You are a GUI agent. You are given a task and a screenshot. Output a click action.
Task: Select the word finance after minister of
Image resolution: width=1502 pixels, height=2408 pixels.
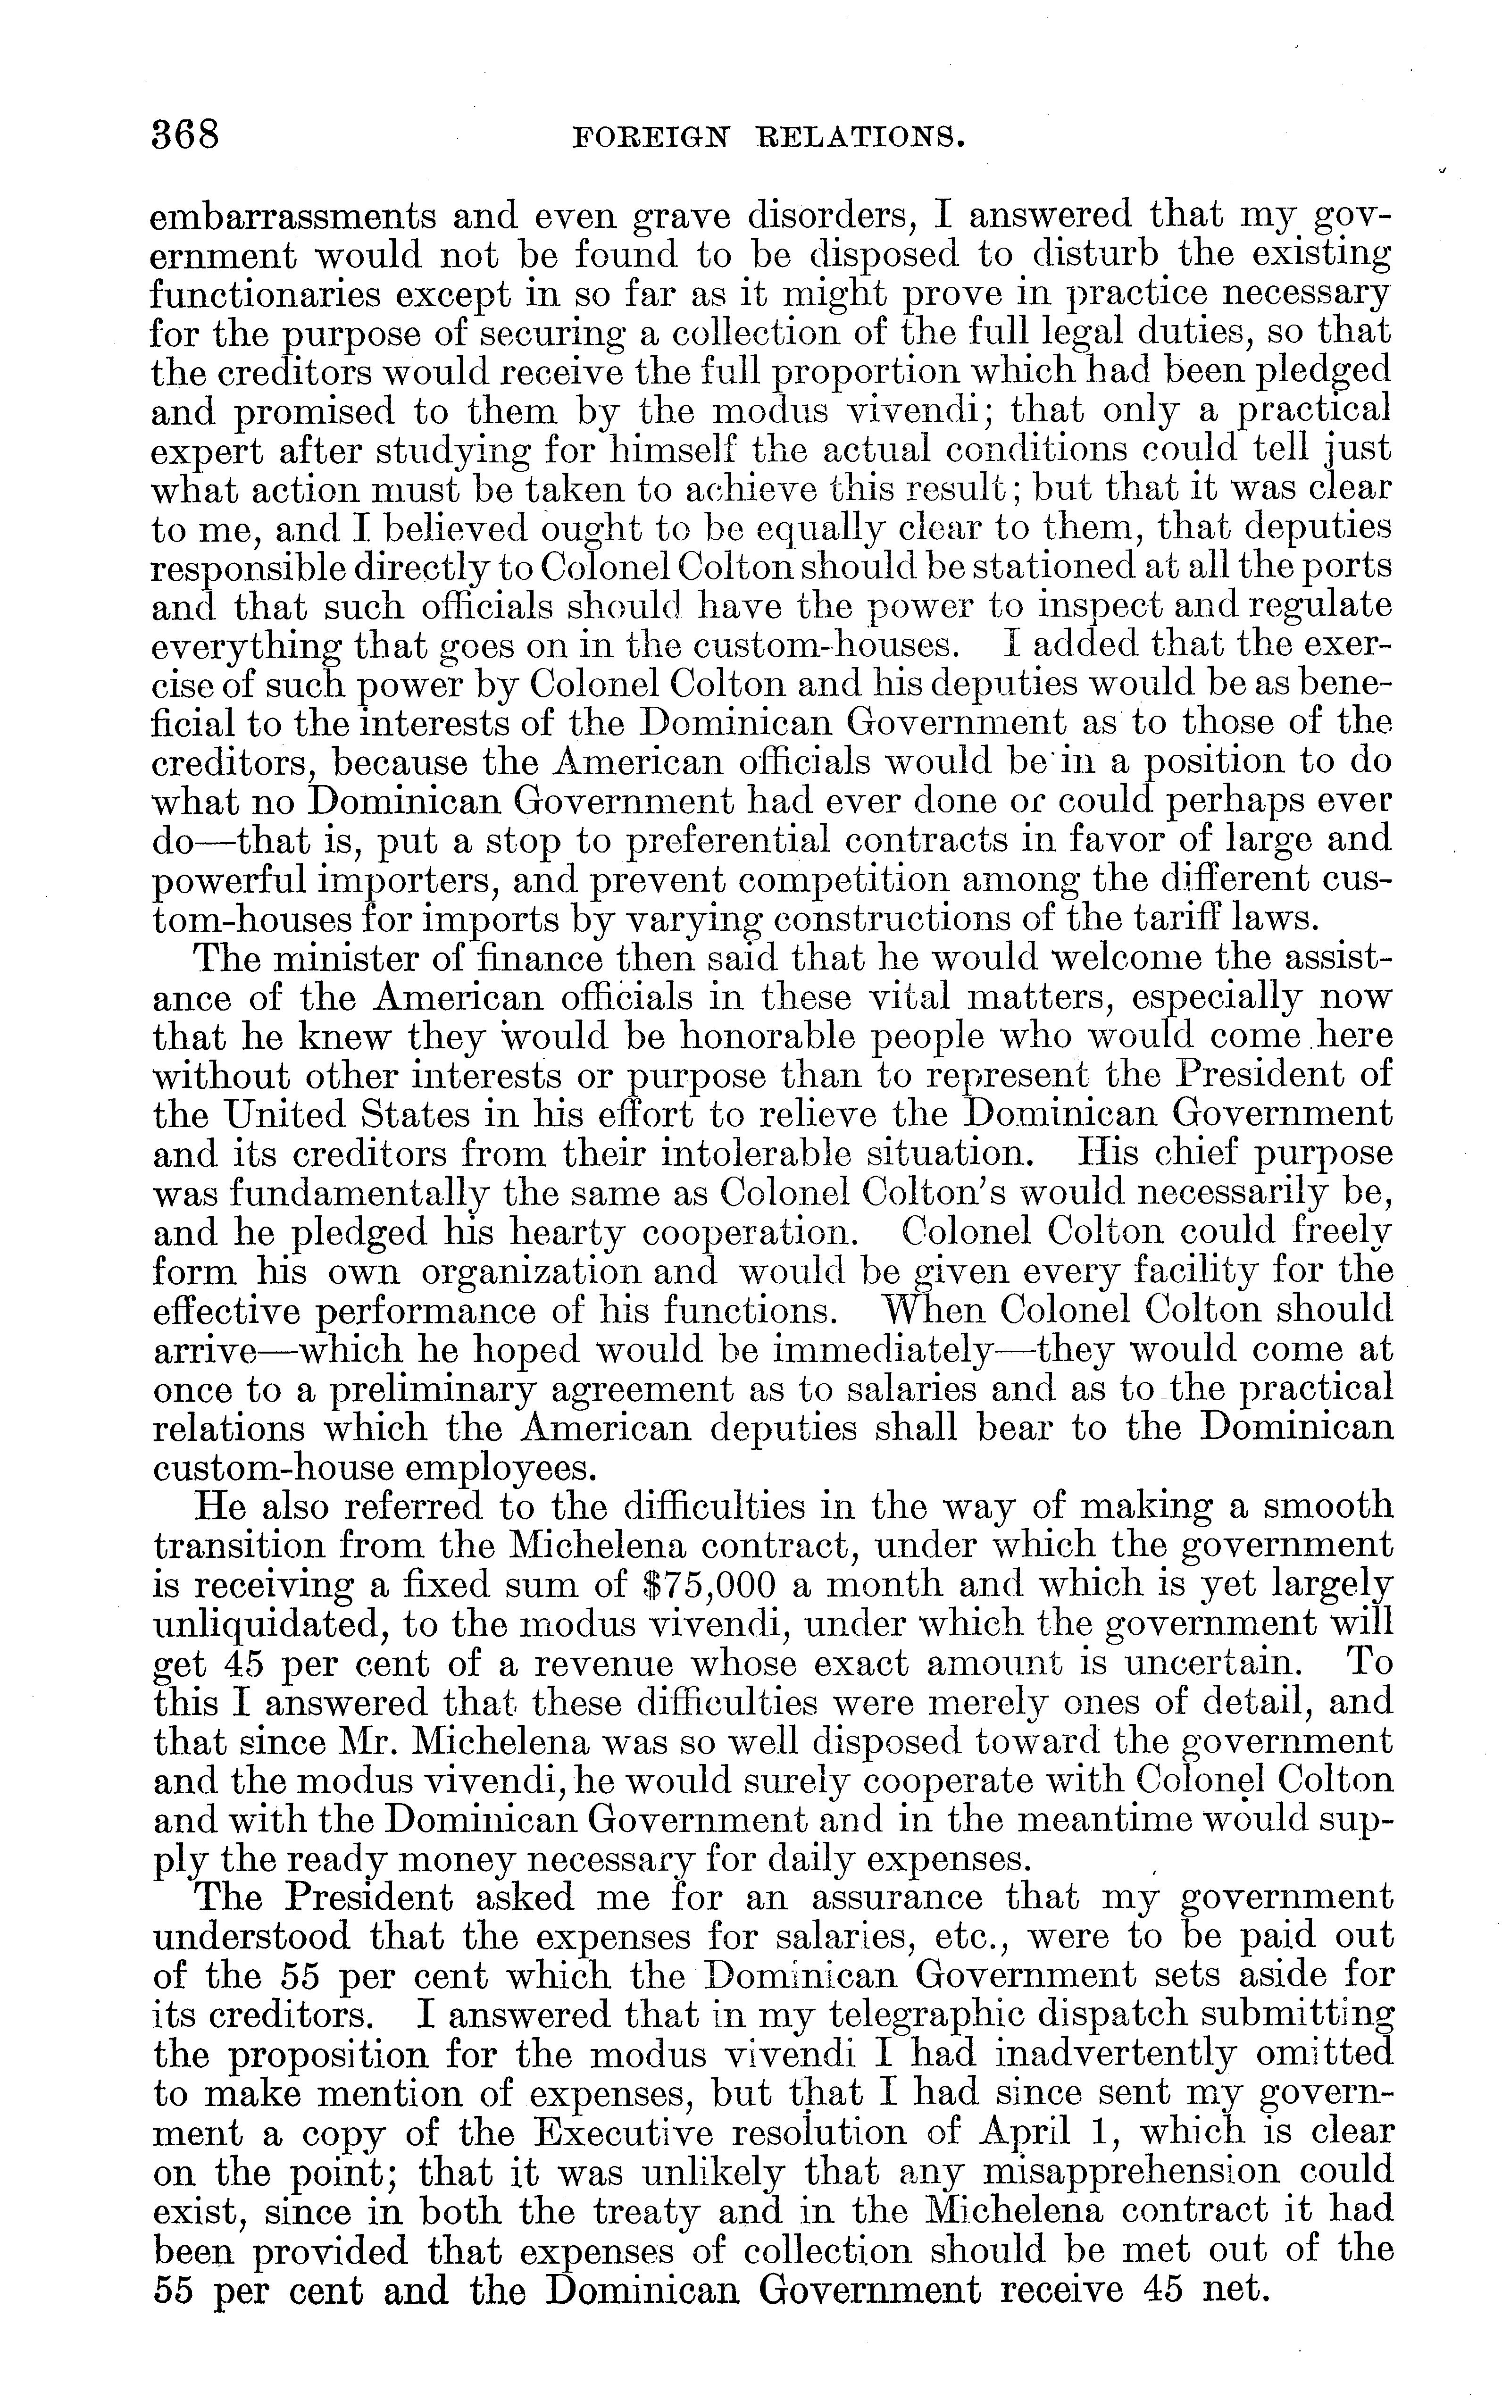542,959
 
